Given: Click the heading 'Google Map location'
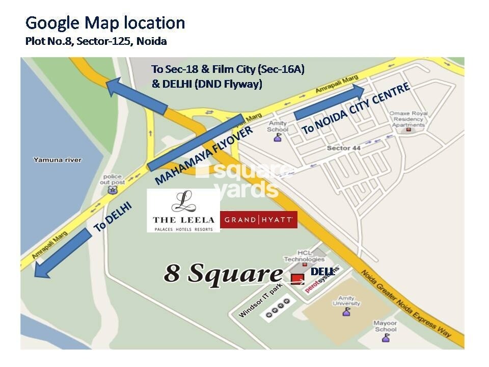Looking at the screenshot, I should (x=105, y=23).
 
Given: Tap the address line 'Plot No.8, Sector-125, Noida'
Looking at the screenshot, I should (x=96, y=41).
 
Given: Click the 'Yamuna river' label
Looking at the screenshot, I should (x=57, y=160).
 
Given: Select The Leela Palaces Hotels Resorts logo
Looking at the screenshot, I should (x=183, y=211).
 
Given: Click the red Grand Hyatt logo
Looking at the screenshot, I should (x=258, y=220).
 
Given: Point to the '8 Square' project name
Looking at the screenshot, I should (x=223, y=274).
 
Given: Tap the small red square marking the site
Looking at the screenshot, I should (x=296, y=278).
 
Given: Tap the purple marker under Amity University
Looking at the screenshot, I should (x=346, y=311).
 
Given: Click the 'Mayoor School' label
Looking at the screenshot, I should (x=385, y=326).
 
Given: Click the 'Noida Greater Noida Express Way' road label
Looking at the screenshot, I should (x=405, y=303).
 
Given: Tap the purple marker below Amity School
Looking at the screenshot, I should (x=278, y=137).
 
